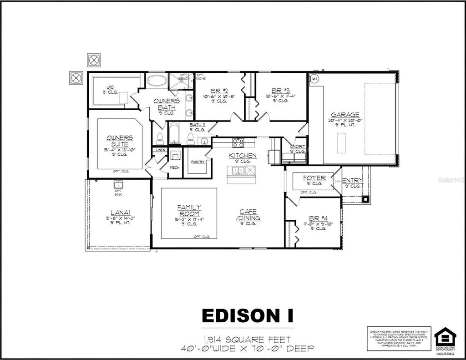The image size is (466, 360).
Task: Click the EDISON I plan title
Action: pos(248,315)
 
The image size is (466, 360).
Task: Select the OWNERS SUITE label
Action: pos(120,141)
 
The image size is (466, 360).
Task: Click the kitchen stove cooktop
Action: pos(238,142)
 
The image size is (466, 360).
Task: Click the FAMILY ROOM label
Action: pos(189,211)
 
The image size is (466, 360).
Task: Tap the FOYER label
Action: pos(314,178)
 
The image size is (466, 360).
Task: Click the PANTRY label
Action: pos(198,162)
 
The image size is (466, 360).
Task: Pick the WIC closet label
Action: pos(110,87)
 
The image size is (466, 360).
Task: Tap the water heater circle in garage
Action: pos(314,79)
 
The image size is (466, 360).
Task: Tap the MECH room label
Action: pos(175,167)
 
